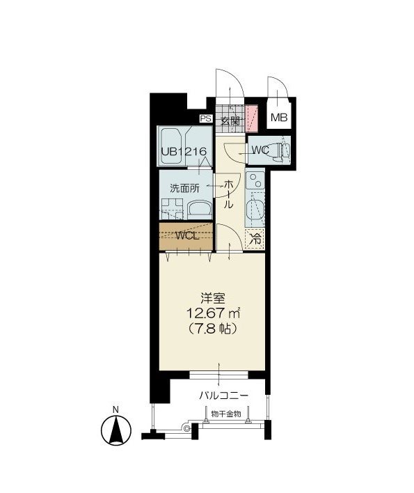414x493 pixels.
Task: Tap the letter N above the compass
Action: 116,409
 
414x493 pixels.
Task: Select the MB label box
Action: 279,118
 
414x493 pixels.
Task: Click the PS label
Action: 205,118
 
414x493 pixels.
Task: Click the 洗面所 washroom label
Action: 186,188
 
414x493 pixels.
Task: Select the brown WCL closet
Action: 185,236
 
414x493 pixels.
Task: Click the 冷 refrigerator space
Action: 255,237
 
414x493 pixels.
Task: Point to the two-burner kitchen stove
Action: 255,183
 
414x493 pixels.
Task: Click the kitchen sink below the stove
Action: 255,210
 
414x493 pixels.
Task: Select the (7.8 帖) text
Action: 210,328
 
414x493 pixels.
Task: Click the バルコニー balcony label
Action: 223,395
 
